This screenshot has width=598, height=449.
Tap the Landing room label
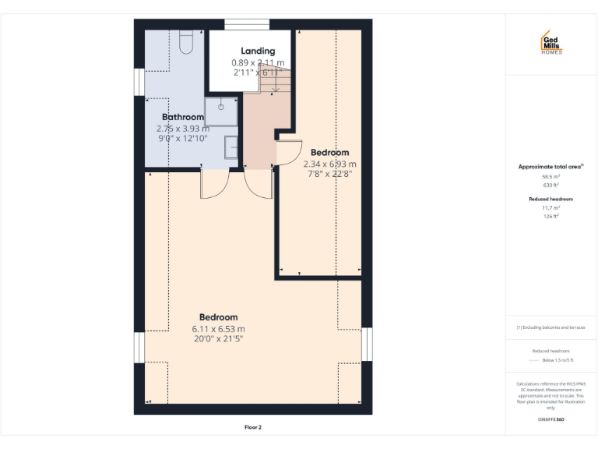258,51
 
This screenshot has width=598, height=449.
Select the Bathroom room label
183,117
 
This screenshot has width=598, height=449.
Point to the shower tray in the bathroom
221,111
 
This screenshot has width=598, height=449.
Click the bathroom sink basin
231,147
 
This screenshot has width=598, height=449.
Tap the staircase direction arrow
274,82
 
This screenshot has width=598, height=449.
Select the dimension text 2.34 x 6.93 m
329,164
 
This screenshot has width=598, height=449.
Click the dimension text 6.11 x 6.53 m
218,329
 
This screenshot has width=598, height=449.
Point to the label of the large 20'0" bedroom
218,317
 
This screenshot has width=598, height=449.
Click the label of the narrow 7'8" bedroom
329,152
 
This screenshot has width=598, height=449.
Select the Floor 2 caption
253,427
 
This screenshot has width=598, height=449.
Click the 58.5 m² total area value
551,177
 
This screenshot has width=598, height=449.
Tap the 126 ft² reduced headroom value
551,216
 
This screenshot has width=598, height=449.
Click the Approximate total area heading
551,167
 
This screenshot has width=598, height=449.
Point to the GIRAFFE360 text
551,419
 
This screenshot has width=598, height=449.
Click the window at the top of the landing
247,25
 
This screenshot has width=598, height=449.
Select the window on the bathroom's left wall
138,81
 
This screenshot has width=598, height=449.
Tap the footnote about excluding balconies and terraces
551,327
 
